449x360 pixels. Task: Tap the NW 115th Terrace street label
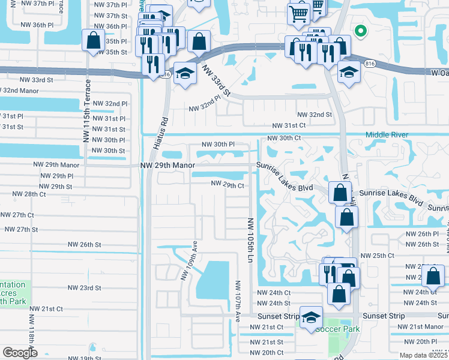point(87,110)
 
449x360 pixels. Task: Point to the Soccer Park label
point(337,329)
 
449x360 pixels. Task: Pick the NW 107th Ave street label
point(238,299)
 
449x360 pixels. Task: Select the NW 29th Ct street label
point(227,185)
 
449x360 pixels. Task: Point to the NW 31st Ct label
point(289,125)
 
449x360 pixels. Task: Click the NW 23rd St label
point(84,288)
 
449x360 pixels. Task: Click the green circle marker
point(360,31)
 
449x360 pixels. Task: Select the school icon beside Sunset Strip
point(311,317)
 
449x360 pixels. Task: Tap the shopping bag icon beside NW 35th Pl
point(93,41)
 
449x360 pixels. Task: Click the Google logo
point(20,352)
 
